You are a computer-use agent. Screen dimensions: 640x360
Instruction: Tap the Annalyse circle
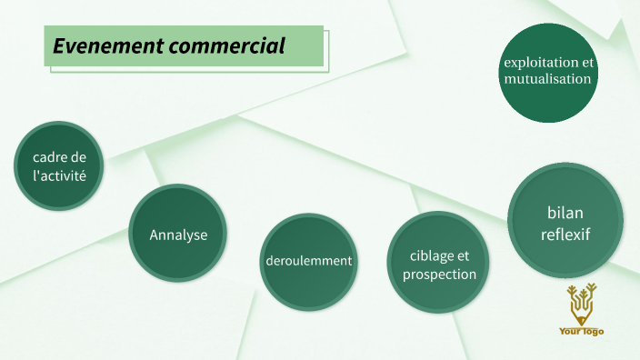point(178,234)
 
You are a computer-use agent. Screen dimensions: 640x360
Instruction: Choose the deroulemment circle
point(308,261)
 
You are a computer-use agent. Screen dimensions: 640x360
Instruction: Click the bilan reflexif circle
point(565,223)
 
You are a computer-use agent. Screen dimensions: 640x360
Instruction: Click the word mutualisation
point(548,79)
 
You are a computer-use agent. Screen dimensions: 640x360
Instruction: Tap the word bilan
point(565,213)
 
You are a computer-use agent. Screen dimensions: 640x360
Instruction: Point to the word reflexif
point(565,235)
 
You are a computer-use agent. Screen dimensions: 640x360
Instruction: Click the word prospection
point(439,274)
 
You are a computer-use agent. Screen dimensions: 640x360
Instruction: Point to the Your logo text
point(581,331)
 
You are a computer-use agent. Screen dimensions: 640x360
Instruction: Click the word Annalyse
point(178,235)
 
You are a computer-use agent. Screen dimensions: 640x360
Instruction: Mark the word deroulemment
point(308,261)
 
